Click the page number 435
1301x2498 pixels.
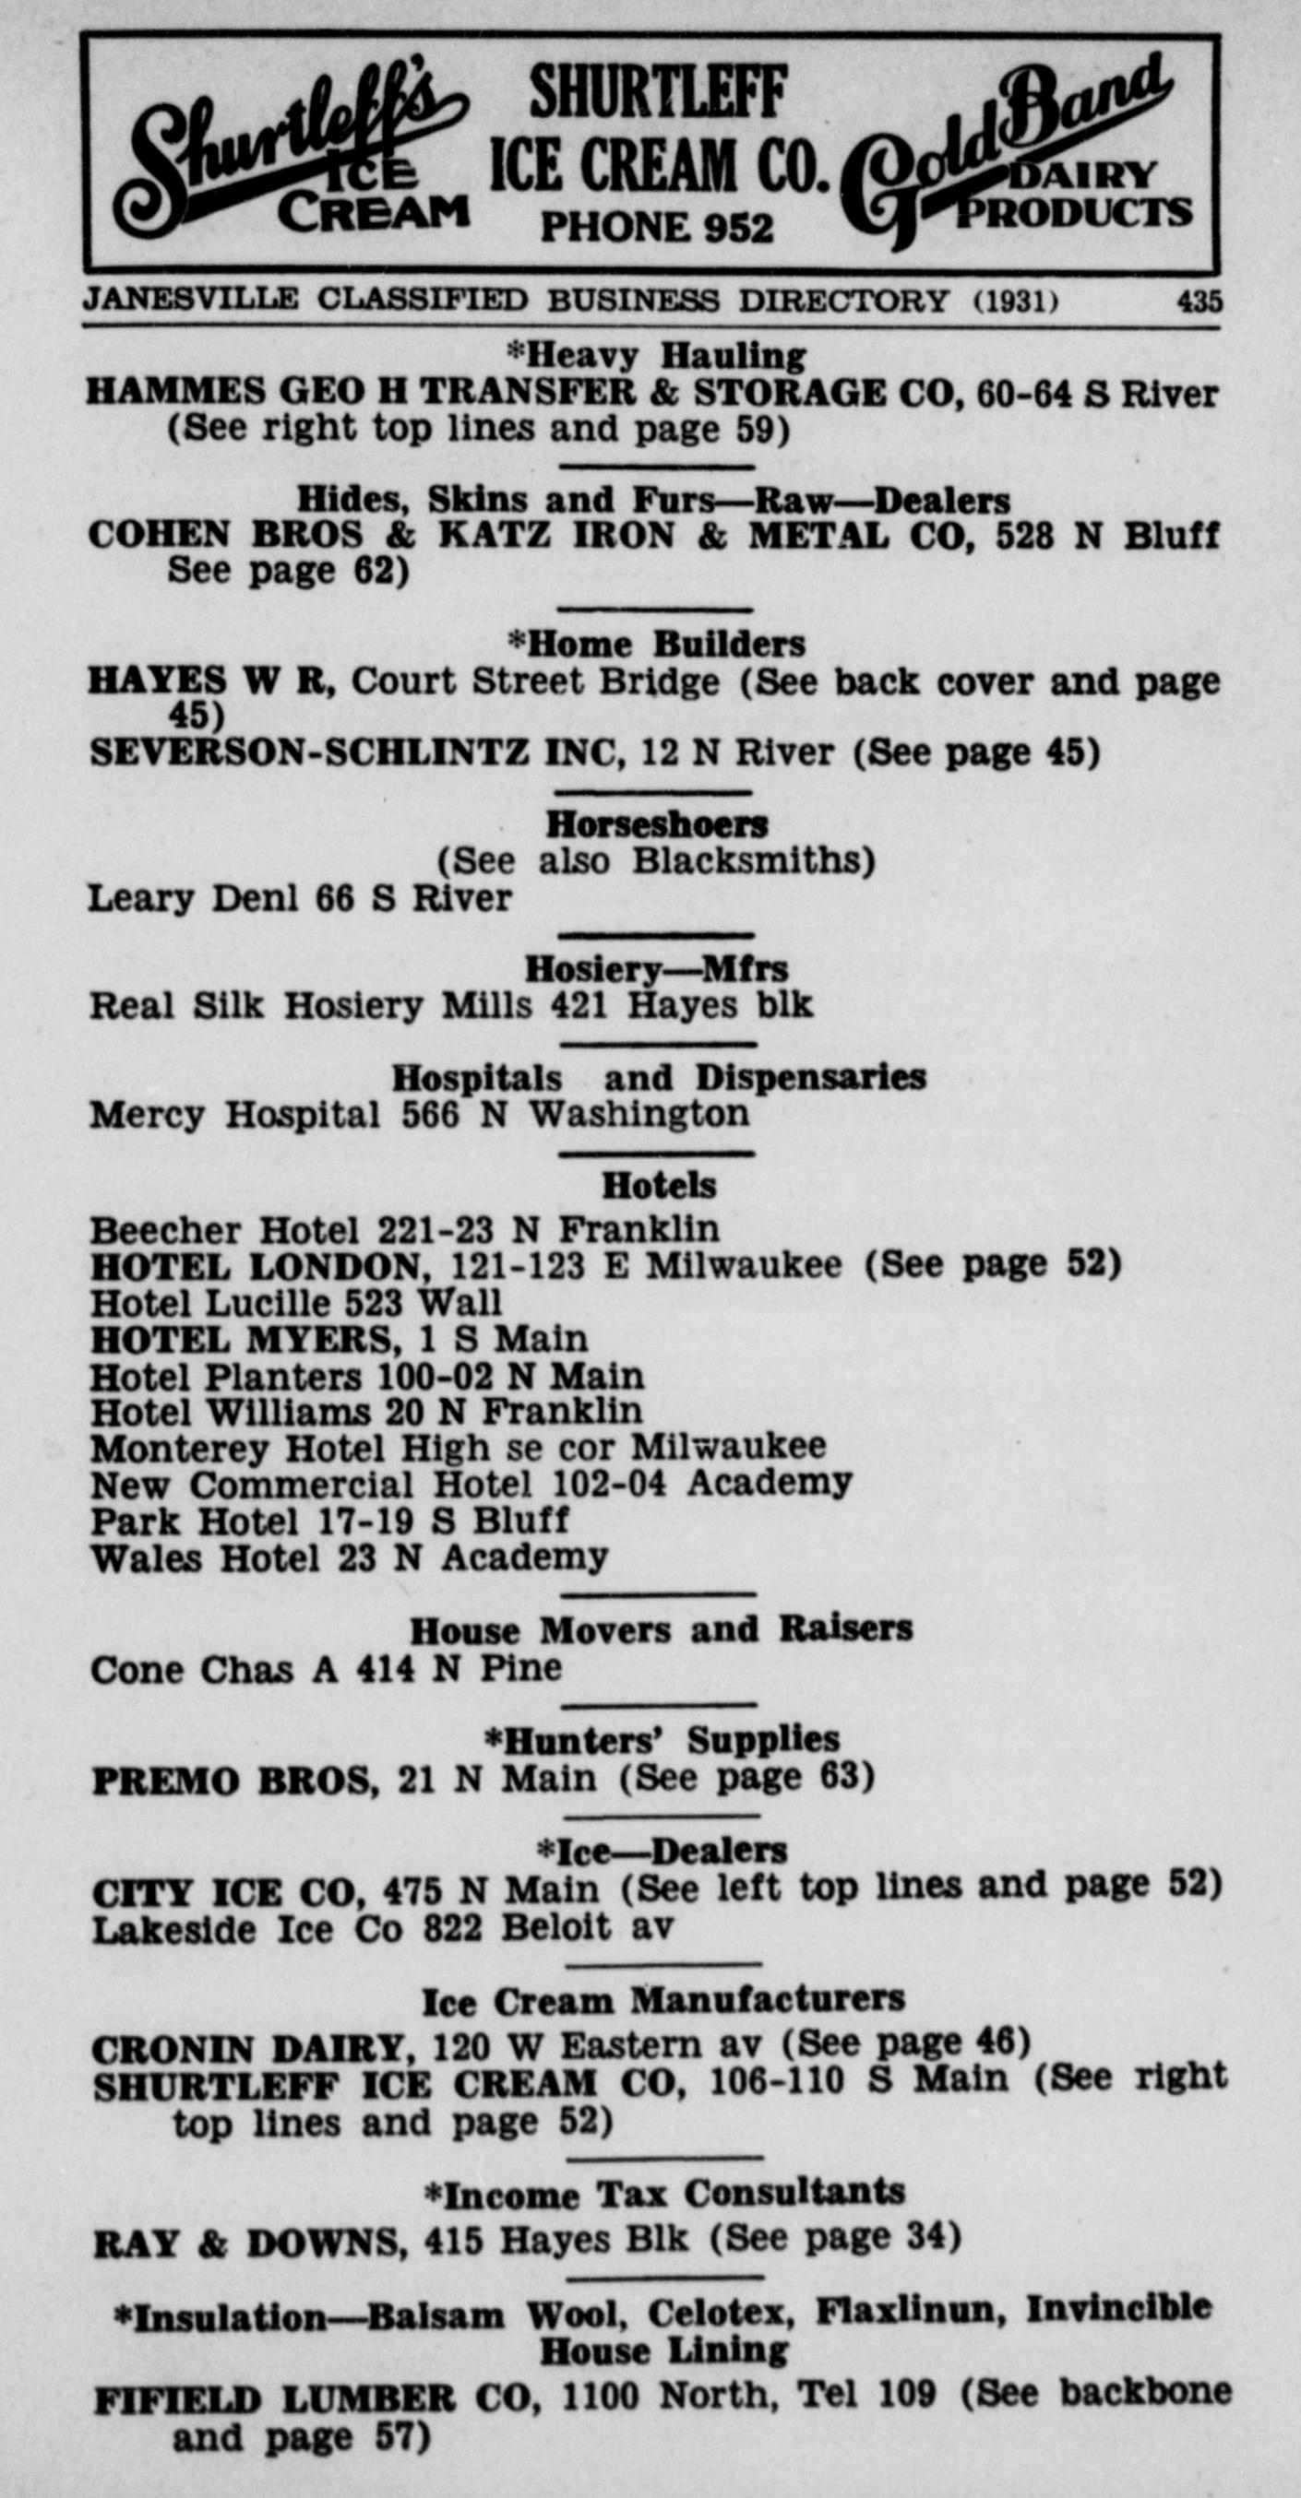(1200, 302)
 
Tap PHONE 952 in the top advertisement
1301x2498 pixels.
(657, 227)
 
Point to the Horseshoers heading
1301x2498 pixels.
(657, 825)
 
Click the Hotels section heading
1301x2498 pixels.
(659, 1185)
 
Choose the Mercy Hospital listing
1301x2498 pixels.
(419, 1115)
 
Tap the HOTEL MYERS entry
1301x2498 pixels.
(339, 1340)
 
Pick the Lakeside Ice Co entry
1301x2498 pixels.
(382, 1929)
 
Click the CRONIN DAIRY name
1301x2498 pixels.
(248, 2048)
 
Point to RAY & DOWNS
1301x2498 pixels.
(246, 2243)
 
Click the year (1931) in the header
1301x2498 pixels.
(1015, 302)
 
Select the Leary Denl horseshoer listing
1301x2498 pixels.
(300, 899)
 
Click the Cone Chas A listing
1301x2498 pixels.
(326, 1670)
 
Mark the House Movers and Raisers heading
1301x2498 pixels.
(661, 1630)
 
